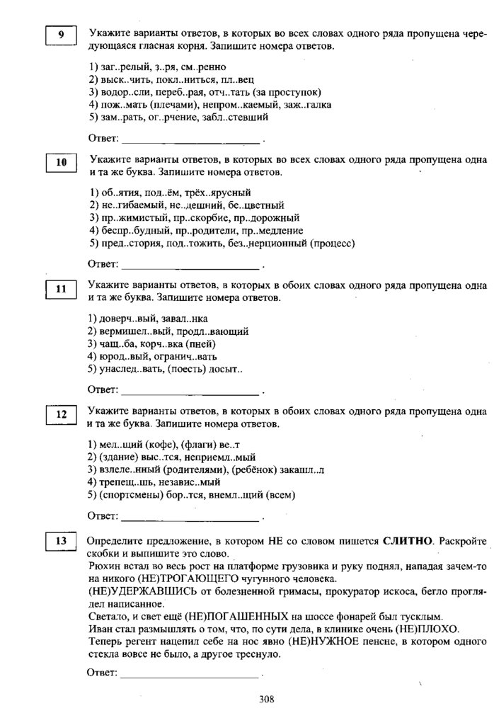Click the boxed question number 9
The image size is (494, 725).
tap(62, 35)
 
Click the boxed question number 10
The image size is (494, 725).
tap(62, 163)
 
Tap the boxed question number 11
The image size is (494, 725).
tap(62, 288)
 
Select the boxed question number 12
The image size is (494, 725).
tap(62, 414)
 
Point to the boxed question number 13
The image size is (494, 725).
tap(62, 542)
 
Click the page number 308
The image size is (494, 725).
tap(266, 700)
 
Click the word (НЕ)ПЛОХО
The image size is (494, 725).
tap(429, 629)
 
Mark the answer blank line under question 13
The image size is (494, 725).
tap(191, 675)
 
